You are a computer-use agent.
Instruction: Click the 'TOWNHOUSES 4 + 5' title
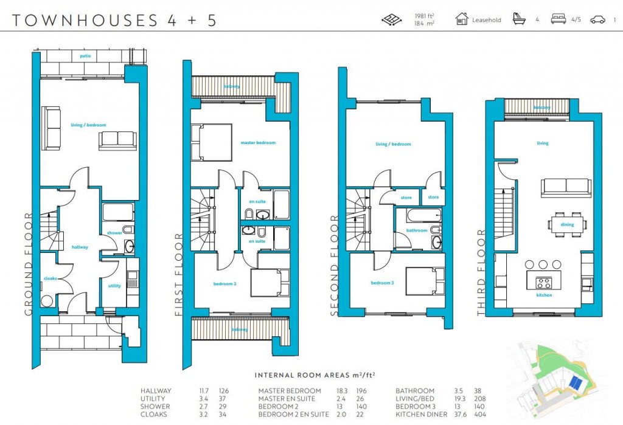[114, 20]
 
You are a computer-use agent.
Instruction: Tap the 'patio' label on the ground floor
[85, 56]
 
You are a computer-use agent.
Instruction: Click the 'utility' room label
[114, 285]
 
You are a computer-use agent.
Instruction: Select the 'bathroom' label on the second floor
[417, 230]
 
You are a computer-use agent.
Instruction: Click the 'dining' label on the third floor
[567, 224]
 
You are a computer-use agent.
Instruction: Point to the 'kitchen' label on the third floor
[544, 295]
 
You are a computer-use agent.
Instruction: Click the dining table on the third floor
[567, 223]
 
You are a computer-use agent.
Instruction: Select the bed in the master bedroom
[211, 142]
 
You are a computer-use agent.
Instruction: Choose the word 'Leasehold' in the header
[487, 20]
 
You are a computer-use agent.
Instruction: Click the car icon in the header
[597, 19]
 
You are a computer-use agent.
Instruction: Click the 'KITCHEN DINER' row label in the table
[421, 414]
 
